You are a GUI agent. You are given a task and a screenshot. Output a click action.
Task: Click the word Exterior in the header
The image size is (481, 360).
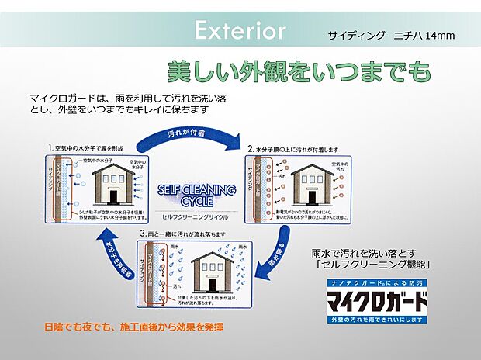[x=240, y=31]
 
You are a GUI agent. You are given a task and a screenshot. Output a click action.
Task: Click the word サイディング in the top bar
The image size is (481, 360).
[x=358, y=36]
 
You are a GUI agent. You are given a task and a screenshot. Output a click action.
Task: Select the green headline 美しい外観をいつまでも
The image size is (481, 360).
[x=298, y=72]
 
